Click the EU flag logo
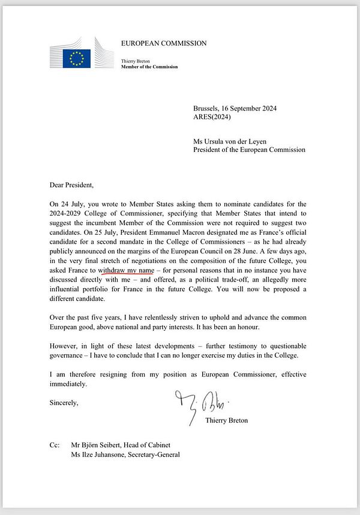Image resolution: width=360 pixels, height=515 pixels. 76,58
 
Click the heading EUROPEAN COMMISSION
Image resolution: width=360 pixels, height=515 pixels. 164,43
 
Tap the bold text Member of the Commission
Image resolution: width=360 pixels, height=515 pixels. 149,67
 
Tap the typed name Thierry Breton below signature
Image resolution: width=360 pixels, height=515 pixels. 226,420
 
